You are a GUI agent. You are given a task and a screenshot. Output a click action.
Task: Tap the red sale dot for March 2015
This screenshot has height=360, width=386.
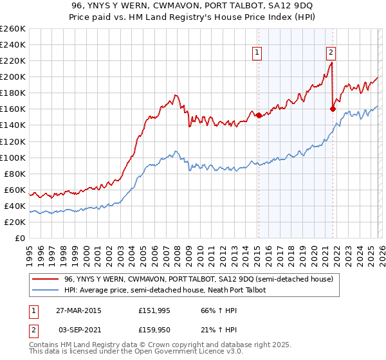[259, 116]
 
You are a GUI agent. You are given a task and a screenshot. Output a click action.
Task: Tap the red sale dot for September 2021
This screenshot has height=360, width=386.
[333, 109]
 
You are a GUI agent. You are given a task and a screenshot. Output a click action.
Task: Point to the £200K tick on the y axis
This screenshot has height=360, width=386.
[12, 76]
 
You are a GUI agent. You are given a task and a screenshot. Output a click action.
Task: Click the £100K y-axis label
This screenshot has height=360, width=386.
[12, 157]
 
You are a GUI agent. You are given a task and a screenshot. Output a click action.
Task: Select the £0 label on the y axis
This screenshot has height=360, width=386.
[19, 238]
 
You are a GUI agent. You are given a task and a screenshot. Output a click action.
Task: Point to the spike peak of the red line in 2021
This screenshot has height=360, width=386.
[331, 62]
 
